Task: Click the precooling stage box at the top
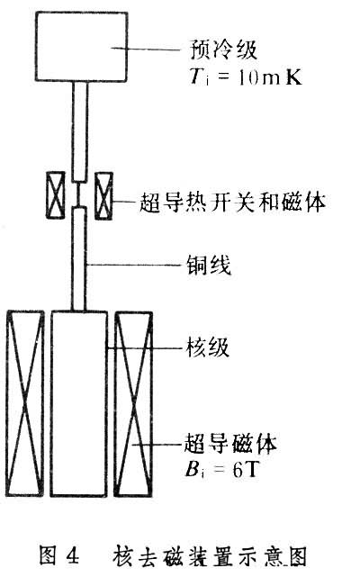tap(82, 47)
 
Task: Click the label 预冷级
tap(223, 50)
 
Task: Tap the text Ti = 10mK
tap(246, 77)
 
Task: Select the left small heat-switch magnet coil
tap(56, 195)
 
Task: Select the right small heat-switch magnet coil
tap(103, 195)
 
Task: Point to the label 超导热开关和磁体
tap(232, 202)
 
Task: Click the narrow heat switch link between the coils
tap(79, 194)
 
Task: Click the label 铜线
tap(208, 265)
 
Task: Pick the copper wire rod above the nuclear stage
tap(79, 259)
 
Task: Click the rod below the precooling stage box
tap(80, 131)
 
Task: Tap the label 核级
tap(208, 347)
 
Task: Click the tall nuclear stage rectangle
tap(79, 403)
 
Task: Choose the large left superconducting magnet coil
tap(24, 403)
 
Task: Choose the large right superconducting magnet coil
tap(133, 404)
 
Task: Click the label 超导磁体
tap(230, 443)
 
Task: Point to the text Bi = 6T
tap(221, 469)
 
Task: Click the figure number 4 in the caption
tap(73, 555)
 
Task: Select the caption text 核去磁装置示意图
tap(210, 555)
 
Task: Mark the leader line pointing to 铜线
tap(136, 265)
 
